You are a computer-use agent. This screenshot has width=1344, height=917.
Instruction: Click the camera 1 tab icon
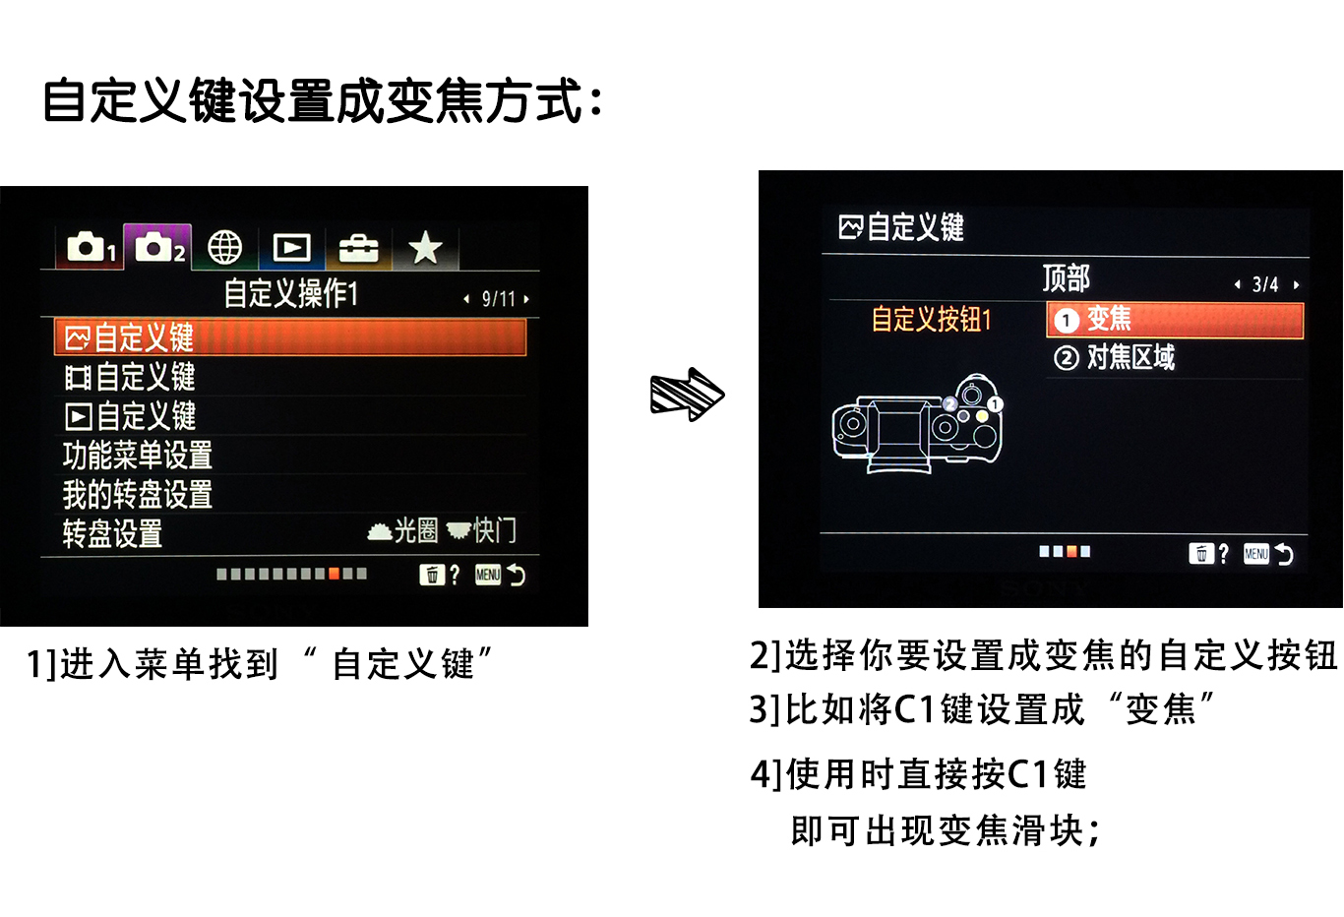(91, 248)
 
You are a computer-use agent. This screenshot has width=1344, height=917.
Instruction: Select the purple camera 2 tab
(157, 247)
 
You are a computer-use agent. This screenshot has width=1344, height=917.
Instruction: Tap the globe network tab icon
(225, 248)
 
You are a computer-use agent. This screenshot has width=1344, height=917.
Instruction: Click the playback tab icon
(291, 248)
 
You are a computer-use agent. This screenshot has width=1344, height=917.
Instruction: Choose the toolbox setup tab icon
(358, 249)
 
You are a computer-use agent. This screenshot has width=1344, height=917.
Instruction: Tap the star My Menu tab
(425, 248)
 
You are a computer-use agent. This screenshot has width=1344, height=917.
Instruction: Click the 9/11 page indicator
(498, 299)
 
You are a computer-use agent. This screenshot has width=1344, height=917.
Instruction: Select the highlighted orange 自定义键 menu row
(290, 337)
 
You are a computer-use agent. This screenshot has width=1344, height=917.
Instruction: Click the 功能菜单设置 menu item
(138, 456)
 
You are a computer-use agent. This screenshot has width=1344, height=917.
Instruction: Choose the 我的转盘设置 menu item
(138, 494)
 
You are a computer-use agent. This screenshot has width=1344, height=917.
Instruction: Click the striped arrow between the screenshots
(687, 395)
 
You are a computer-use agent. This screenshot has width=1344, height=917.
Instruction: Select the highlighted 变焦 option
(1175, 320)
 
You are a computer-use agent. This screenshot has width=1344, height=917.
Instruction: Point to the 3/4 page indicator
(1265, 285)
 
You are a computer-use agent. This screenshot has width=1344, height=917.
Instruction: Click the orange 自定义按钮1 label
(931, 320)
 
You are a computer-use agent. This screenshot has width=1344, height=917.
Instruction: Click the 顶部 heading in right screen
(1066, 278)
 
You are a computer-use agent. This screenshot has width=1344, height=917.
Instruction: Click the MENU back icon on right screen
(1267, 554)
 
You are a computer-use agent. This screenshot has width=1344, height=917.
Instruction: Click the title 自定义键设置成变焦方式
(322, 101)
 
